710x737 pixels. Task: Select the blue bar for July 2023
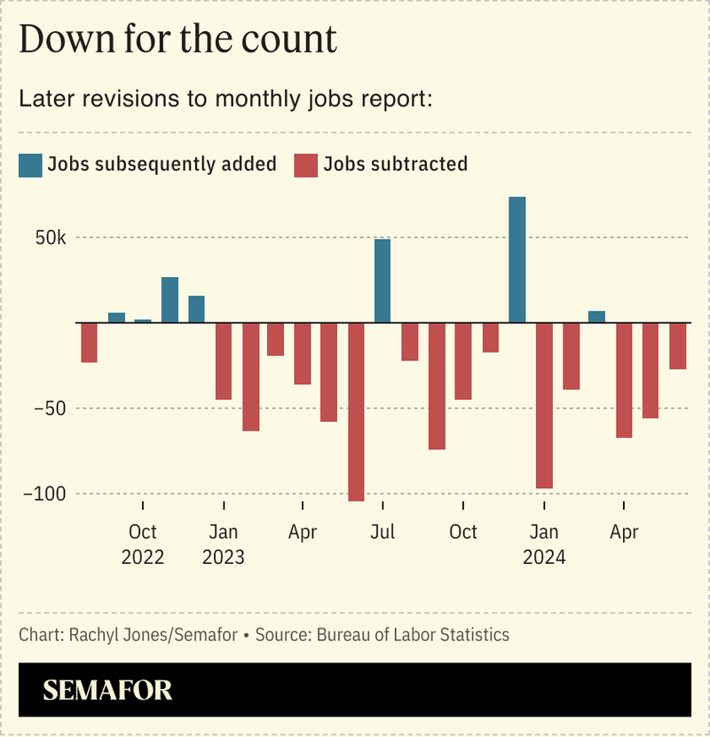point(383,281)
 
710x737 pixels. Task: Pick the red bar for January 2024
point(544,405)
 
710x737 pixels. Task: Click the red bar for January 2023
point(224,361)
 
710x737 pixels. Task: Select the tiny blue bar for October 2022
point(143,320)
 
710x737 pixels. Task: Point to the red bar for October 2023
point(463,361)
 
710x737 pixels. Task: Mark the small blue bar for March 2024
point(597,316)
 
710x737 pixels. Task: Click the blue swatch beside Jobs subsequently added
point(30,164)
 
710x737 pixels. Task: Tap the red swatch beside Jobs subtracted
point(305,164)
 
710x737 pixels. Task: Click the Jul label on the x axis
point(383,532)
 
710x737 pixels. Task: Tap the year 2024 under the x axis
point(544,558)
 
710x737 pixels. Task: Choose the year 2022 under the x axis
point(143,558)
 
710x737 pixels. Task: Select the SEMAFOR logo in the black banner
point(107,690)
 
